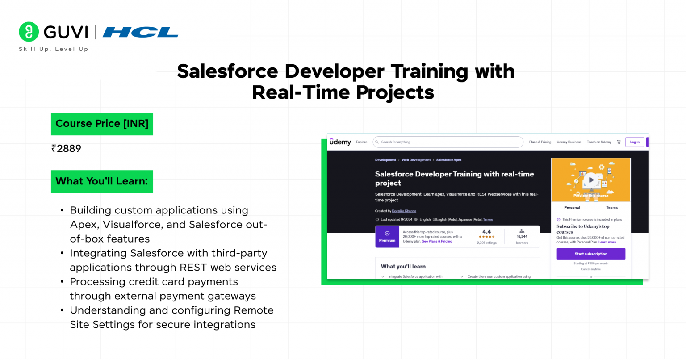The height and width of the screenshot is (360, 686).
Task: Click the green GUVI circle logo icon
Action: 29,32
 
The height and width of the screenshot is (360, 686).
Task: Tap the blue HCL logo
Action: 140,32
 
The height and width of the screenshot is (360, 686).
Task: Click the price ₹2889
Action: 67,149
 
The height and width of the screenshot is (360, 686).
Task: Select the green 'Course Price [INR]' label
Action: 102,124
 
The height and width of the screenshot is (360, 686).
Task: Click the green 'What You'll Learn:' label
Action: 102,181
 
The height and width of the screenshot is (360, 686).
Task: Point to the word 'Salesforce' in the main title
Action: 227,71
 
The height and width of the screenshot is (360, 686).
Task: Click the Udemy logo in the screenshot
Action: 340,142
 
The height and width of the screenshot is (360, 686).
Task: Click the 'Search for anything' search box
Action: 448,142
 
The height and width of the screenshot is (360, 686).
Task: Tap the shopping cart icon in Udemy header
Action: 619,142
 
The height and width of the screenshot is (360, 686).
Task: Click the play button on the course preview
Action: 591,180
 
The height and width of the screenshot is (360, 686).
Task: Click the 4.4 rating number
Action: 486,232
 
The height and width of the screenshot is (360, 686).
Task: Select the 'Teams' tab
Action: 612,208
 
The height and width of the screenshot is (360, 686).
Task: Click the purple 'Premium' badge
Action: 387,237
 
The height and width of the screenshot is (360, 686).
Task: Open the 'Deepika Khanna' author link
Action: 404,211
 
